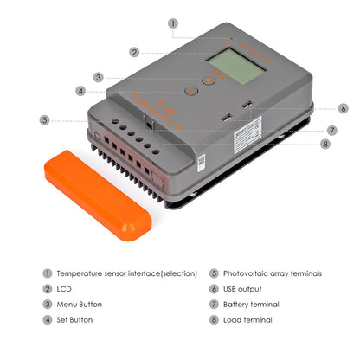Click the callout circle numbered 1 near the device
tap(173, 23)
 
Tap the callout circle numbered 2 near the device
tap(134, 52)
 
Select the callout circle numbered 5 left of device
tap(45, 119)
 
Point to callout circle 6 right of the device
tap(343, 109)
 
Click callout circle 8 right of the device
tap(325, 144)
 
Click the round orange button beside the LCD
tap(209, 80)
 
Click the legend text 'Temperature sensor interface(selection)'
tap(126, 273)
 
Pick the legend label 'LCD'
tap(64, 289)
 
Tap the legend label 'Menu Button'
tap(79, 305)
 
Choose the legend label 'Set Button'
tap(75, 320)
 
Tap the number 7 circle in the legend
tap(214, 305)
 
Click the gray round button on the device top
tap(190, 90)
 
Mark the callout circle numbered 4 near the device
tap(80, 90)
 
